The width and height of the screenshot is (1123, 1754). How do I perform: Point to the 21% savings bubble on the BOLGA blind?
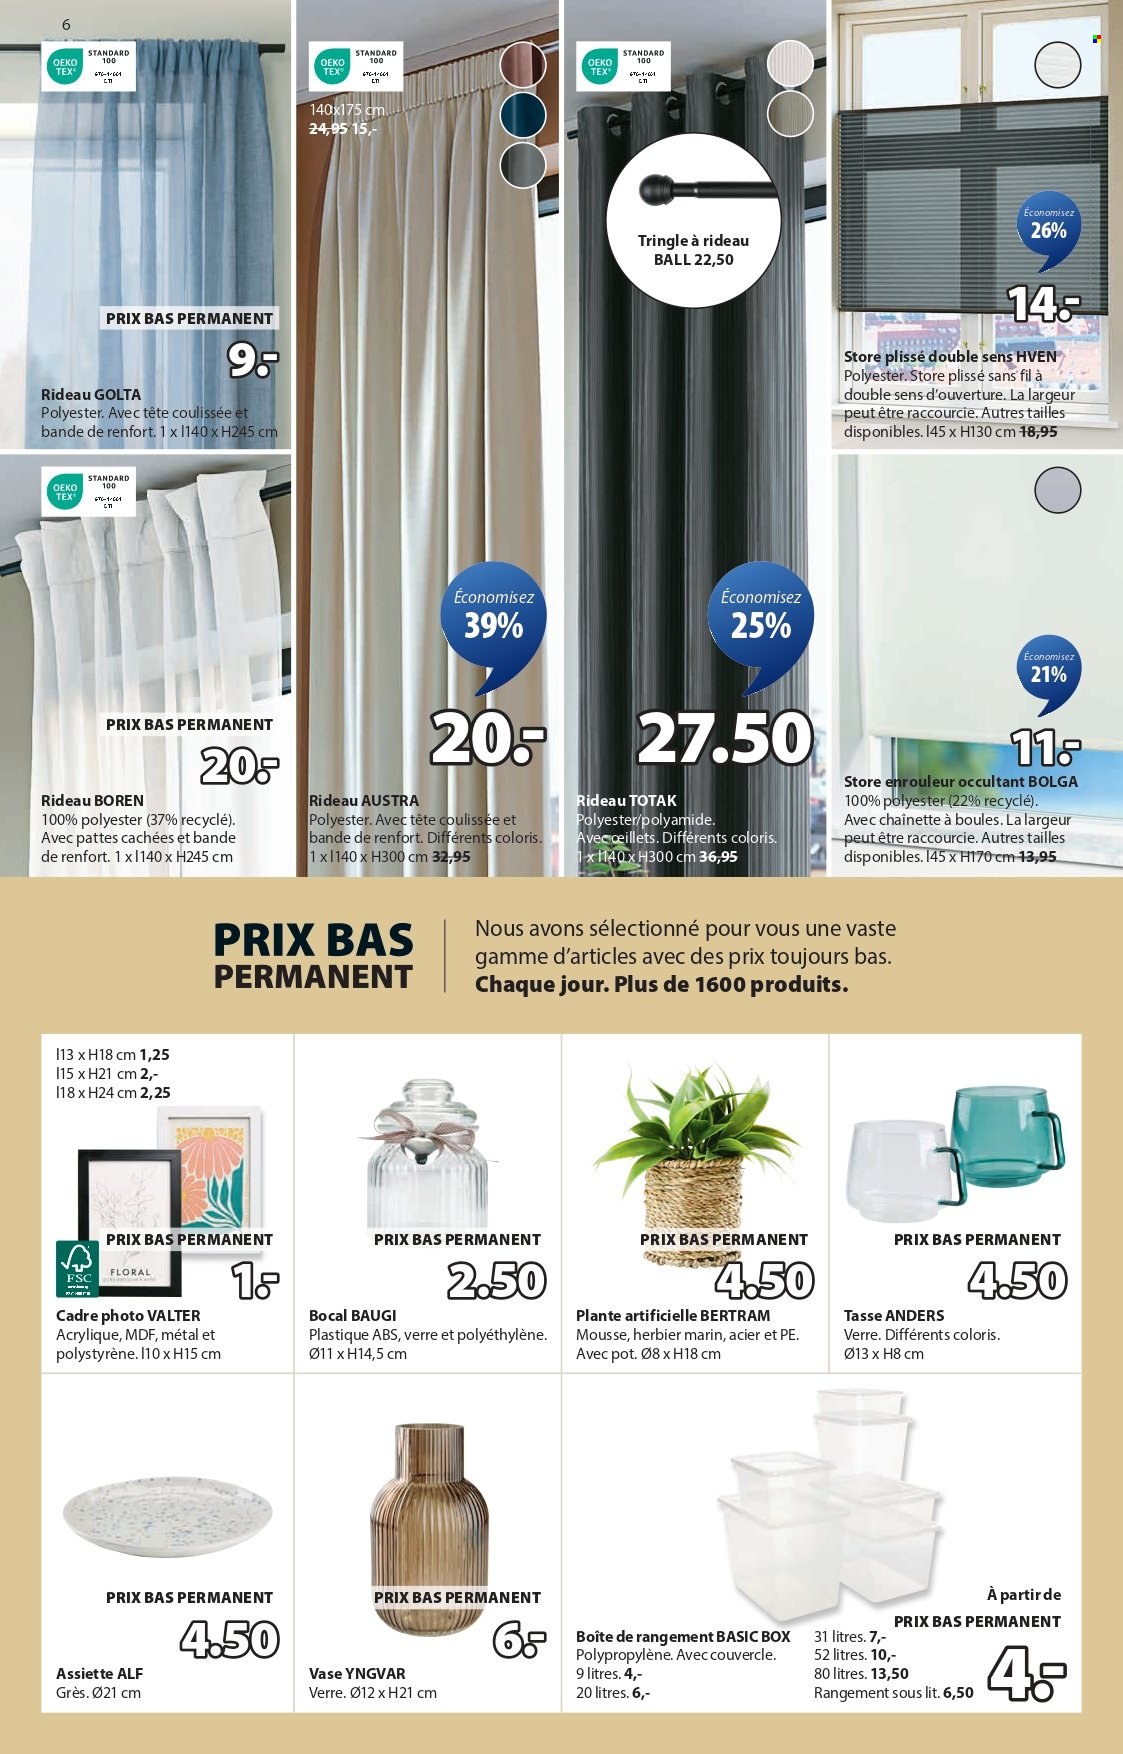pyautogui.click(x=1048, y=670)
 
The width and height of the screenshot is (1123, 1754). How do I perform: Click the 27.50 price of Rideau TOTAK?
pyautogui.click(x=725, y=738)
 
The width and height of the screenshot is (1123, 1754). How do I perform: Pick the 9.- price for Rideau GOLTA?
pyautogui.click(x=252, y=360)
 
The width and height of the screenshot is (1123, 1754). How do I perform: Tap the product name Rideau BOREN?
pyautogui.click(x=92, y=800)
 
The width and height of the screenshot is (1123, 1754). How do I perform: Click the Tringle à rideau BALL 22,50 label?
pyautogui.click(x=693, y=250)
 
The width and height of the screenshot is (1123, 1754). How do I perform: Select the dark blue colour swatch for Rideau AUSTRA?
pyautogui.click(x=522, y=115)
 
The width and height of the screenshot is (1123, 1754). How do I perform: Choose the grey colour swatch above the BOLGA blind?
pyautogui.click(x=1057, y=490)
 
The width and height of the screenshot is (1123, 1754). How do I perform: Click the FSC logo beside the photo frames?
pyautogui.click(x=77, y=1268)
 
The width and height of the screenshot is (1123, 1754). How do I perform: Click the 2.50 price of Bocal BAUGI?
pyautogui.click(x=496, y=1281)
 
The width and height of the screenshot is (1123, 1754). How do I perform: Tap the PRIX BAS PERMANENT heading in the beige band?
pyautogui.click(x=313, y=956)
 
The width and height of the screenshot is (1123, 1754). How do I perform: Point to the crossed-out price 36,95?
pyautogui.click(x=718, y=857)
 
